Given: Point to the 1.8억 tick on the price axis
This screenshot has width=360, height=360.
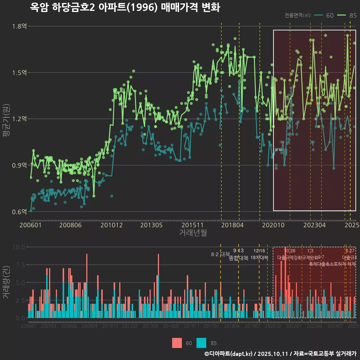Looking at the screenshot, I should click(x=19, y=26).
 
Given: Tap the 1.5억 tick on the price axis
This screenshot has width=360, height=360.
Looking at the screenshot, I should click(x=19, y=72).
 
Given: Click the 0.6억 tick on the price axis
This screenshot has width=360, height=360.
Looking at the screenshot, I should click(x=19, y=211).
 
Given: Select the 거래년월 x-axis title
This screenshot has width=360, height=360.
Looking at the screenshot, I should click(x=193, y=232).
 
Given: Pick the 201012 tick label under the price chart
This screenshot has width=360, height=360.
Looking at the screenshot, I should click(x=111, y=225).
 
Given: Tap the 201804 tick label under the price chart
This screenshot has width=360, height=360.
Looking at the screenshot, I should click(x=232, y=225).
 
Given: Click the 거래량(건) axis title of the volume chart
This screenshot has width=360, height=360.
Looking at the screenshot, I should click(x=6, y=282).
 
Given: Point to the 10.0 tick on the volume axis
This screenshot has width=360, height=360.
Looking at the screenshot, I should click(x=18, y=247).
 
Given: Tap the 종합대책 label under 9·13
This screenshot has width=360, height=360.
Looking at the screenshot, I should click(x=238, y=258).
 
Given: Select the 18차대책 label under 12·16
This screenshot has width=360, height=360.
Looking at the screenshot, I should click(x=259, y=258).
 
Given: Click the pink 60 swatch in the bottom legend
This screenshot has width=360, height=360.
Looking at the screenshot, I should click(x=177, y=343).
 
